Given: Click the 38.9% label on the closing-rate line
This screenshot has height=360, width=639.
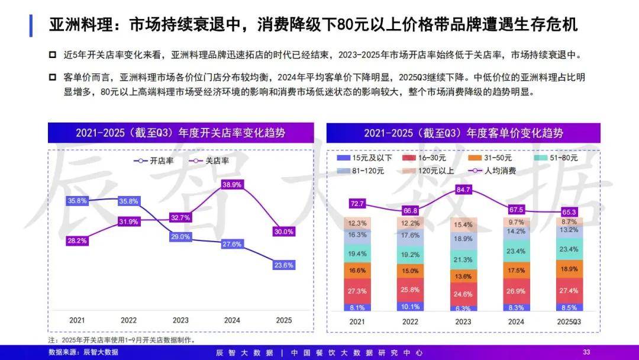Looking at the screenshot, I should [232, 185].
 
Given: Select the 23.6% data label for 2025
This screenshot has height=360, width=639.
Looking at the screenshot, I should [284, 265].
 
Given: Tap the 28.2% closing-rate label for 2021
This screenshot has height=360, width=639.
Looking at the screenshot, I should [77, 241].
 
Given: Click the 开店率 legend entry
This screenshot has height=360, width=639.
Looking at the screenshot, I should [153, 160].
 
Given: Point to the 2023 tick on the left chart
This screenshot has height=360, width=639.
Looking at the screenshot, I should [180, 320].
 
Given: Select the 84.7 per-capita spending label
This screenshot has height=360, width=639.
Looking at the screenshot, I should [463, 189].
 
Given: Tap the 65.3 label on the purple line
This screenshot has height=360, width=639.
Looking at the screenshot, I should [569, 211].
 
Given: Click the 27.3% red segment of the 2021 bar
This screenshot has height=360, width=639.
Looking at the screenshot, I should [357, 291].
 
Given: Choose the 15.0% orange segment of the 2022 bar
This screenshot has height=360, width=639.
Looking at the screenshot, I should [410, 271].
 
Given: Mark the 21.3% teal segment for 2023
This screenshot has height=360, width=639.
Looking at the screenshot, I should [463, 260].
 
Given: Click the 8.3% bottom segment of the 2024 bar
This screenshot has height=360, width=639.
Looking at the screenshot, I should [516, 307].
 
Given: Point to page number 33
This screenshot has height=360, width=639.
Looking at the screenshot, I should [586, 352].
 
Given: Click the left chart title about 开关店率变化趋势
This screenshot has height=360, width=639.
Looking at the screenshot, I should [180, 133].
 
